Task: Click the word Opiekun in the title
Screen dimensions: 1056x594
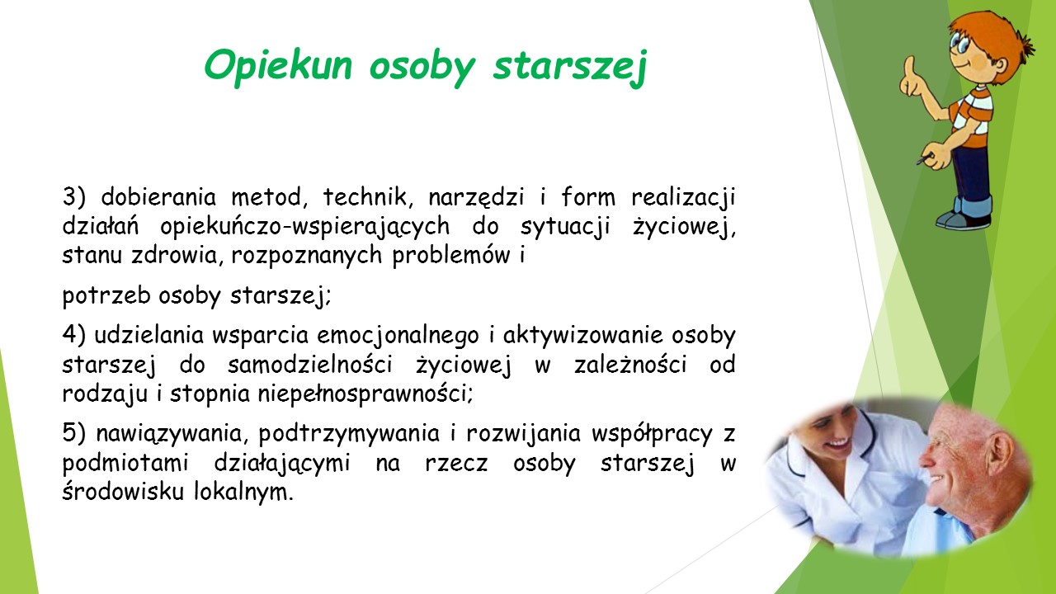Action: pyautogui.click(x=278, y=66)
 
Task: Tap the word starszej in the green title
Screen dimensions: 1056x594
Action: pyautogui.click(x=570, y=67)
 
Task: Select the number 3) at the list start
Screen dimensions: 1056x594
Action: pyautogui.click(x=74, y=196)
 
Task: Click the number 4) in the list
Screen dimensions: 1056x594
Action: pyautogui.click(x=74, y=335)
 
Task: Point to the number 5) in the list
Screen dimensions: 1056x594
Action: pyautogui.click(x=74, y=433)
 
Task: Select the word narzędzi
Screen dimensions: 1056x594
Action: pyautogui.click(x=476, y=198)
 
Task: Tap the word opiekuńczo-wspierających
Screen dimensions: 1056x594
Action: pyautogui.click(x=305, y=227)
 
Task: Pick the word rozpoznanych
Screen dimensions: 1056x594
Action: pyautogui.click(x=306, y=256)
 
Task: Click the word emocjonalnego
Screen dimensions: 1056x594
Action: pyautogui.click(x=398, y=337)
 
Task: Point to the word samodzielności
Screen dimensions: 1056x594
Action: pyautogui.click(x=309, y=365)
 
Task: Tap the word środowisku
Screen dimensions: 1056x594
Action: pyautogui.click(x=123, y=491)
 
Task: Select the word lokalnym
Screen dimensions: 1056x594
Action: pyautogui.click(x=243, y=493)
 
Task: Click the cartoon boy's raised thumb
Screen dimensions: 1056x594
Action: pyautogui.click(x=908, y=71)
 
